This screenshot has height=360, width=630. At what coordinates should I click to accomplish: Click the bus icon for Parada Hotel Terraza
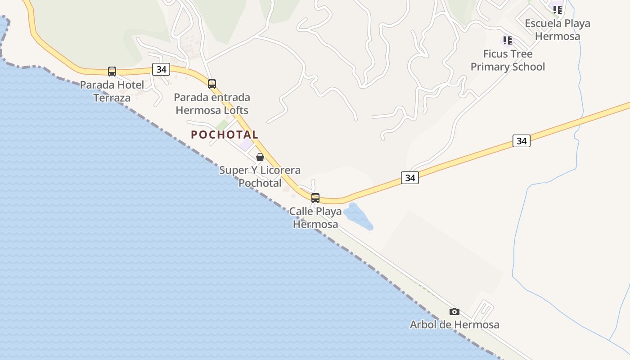pos(112,71)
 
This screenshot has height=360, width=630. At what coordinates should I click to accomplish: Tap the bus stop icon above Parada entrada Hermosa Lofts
pos(212,84)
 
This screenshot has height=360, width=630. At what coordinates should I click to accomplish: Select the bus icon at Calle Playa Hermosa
pos(315,198)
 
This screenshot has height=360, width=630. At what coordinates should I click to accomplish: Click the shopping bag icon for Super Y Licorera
pos(260,157)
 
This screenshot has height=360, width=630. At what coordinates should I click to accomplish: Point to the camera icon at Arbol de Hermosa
pos(454,311)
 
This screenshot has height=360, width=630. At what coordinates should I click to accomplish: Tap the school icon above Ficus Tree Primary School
pos(508,41)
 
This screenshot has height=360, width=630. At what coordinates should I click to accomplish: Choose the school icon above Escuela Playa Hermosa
pos(558,9)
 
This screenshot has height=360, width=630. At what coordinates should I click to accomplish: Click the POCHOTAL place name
pos(225,135)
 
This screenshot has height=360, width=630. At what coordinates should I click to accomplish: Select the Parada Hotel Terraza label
pos(112,91)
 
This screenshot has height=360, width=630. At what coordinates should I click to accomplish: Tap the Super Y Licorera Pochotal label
pos(260,176)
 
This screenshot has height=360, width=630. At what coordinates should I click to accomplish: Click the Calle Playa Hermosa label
pos(315,217)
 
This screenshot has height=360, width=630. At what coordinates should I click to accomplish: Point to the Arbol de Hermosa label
pos(454,324)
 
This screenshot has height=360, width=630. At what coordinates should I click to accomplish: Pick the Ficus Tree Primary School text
pos(508,60)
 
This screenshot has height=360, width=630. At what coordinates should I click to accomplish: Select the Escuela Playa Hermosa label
pos(558,30)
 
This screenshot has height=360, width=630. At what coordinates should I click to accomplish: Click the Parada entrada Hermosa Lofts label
pos(212,103)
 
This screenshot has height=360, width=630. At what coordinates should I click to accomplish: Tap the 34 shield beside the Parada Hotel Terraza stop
pos(161,69)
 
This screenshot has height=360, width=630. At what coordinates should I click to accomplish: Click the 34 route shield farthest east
pos(521,141)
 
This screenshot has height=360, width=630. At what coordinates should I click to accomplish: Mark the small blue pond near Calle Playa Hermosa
pos(358,216)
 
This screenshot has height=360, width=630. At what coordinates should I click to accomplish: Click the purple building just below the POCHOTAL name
pos(246,144)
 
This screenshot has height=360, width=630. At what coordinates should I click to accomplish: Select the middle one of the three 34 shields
pos(410,178)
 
